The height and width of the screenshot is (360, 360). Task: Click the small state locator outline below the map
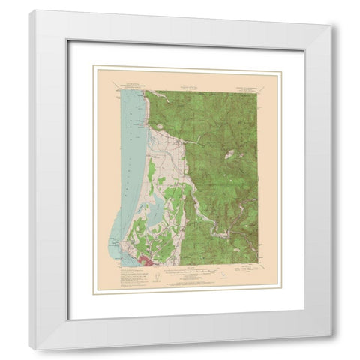point(222,275)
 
